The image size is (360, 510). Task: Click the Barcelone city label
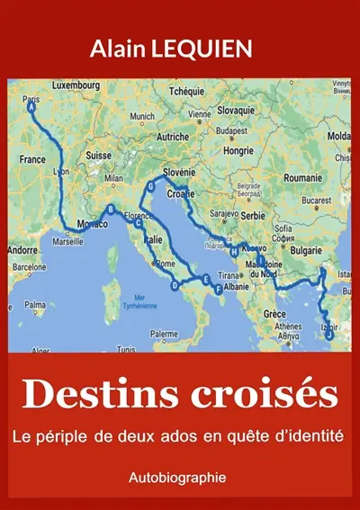(28, 267)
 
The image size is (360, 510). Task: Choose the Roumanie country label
(301, 178)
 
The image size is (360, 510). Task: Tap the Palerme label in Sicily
(164, 334)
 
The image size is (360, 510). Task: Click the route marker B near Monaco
(111, 210)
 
